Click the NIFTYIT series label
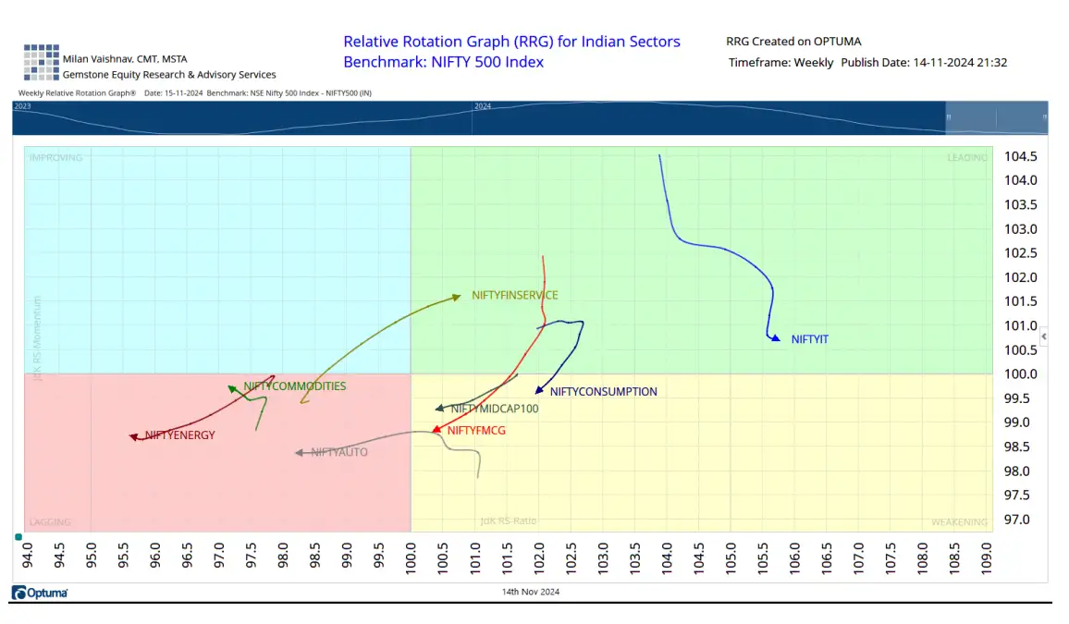click(x=809, y=339)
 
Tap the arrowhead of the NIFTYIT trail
click(x=775, y=338)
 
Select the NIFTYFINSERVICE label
click(x=514, y=295)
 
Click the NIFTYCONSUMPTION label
click(x=603, y=391)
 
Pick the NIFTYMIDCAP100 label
click(x=494, y=409)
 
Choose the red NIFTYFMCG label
click(x=476, y=430)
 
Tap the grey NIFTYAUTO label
click(x=339, y=452)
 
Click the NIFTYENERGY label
click(x=179, y=434)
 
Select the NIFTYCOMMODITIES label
click(x=294, y=385)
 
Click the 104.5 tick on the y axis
click(x=1020, y=156)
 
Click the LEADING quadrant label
click(x=966, y=157)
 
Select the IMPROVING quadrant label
click(x=55, y=157)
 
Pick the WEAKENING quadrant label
click(x=959, y=522)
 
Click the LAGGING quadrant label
click(x=50, y=522)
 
